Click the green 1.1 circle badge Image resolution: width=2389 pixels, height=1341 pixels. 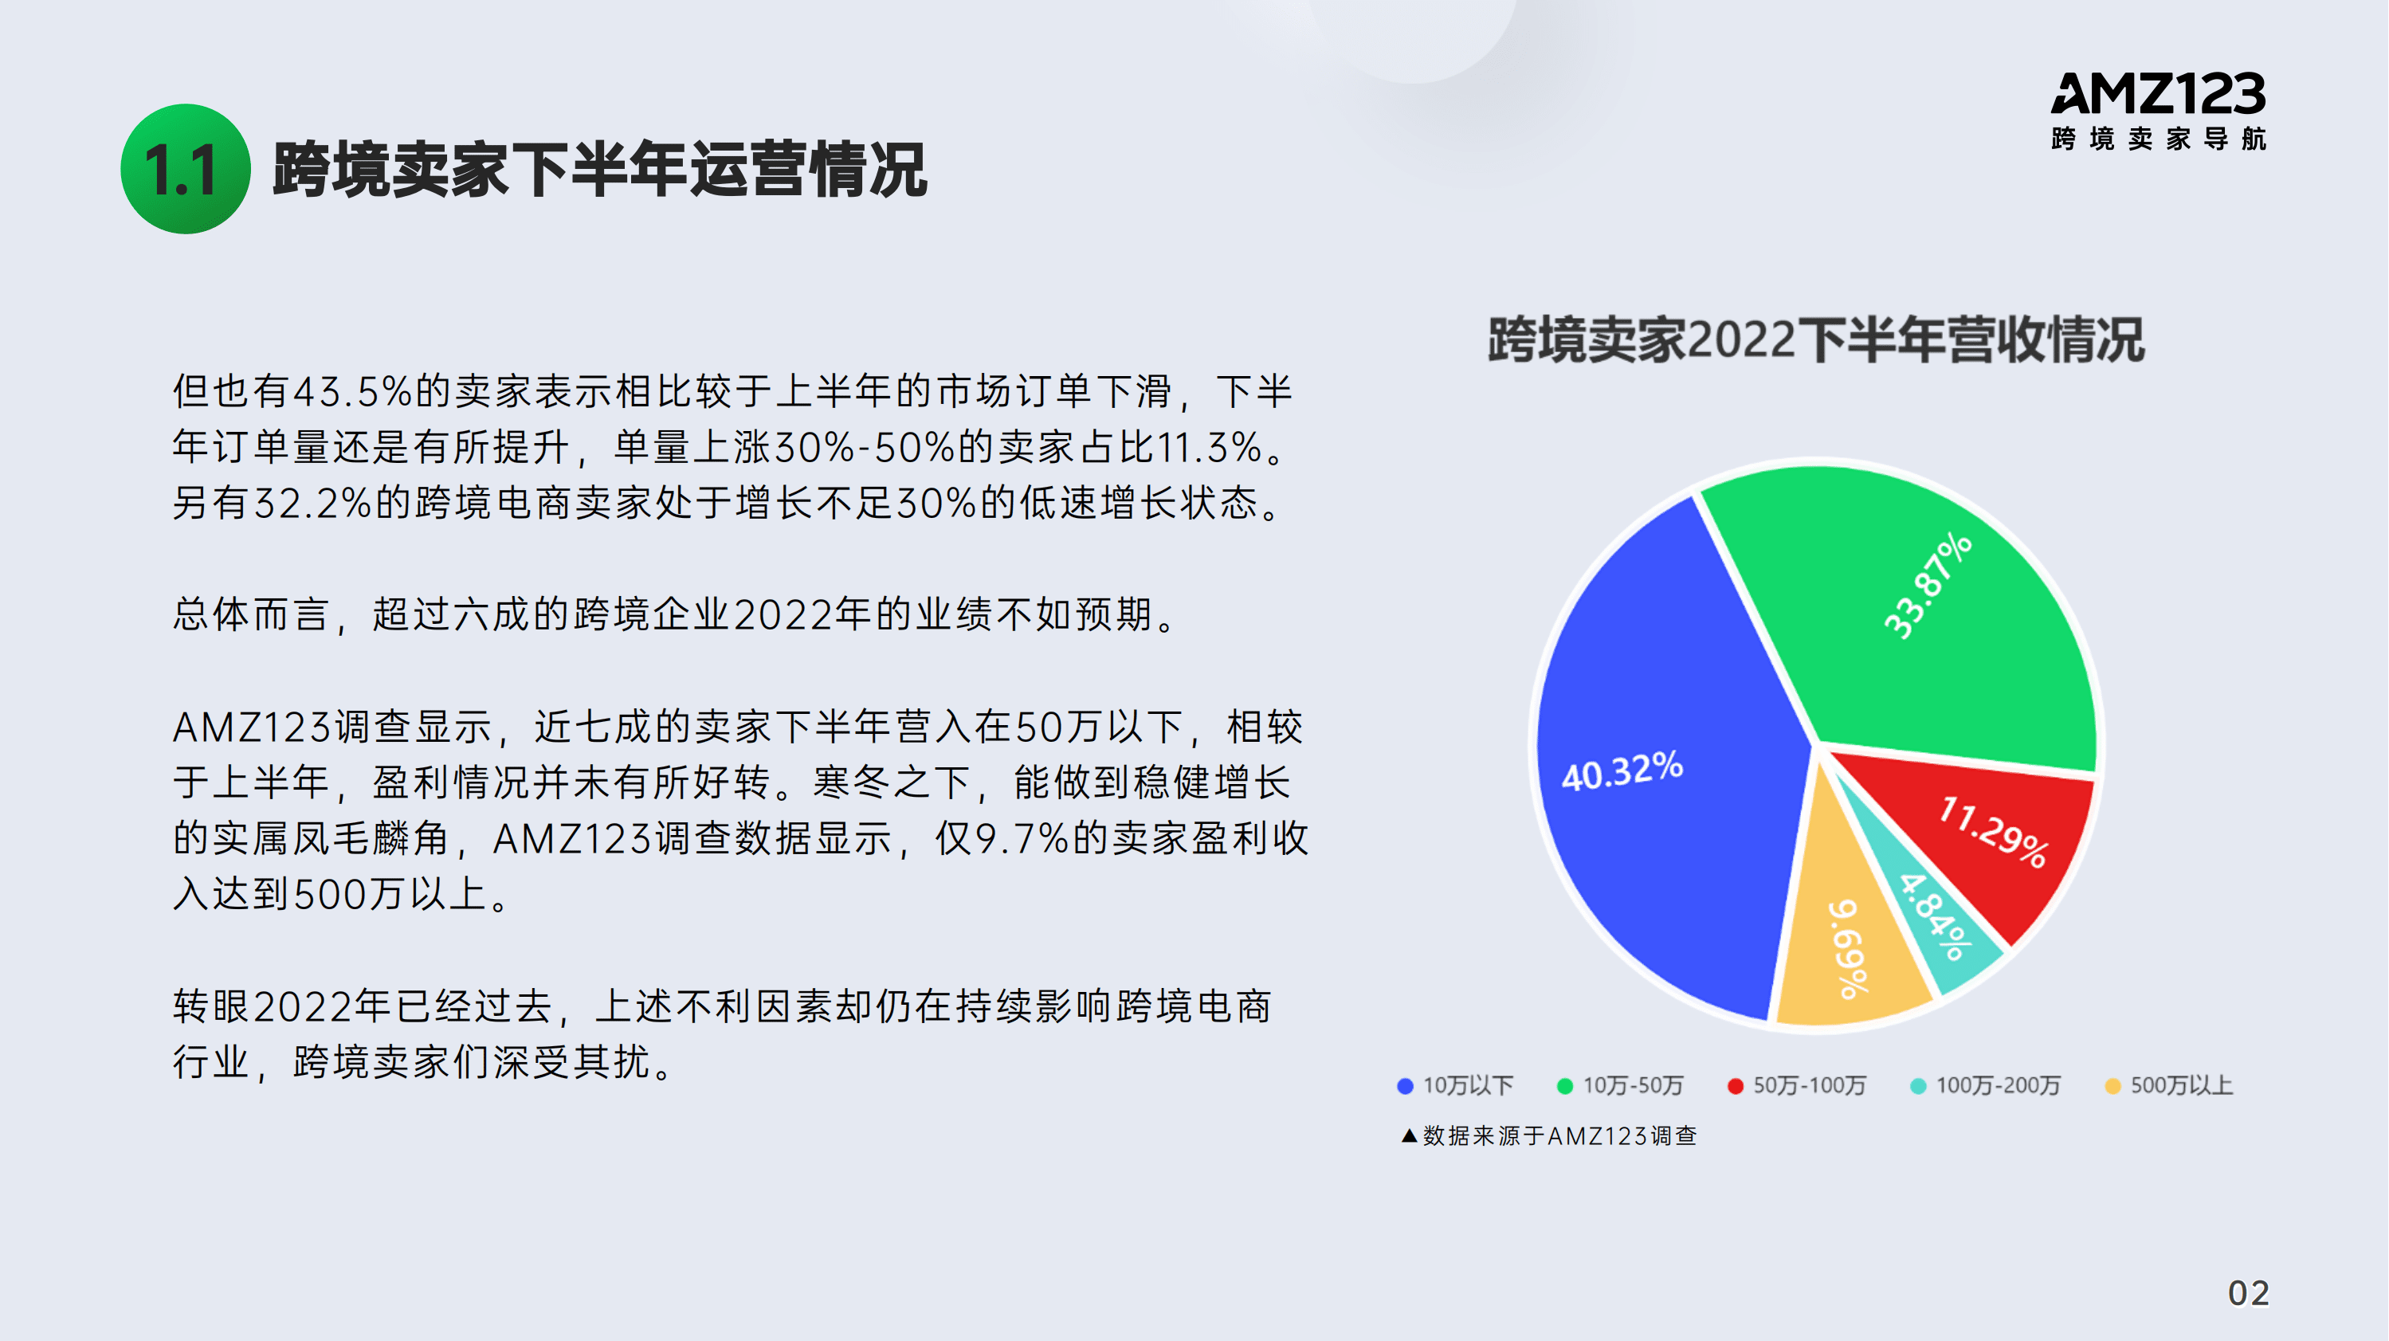coord(186,169)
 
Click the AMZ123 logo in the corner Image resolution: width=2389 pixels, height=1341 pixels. coord(2158,94)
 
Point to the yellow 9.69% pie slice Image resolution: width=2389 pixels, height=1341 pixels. coord(1846,955)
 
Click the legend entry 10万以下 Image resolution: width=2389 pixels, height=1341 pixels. coord(1456,1086)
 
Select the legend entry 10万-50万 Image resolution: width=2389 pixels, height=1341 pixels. coord(1620,1086)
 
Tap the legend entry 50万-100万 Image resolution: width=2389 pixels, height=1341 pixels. coord(1797,1086)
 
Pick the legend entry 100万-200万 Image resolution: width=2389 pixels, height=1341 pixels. coord(1986,1086)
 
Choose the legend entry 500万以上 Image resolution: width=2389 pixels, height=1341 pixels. coord(2169,1086)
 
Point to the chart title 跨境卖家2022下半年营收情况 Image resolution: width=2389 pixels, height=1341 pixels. coord(1816,339)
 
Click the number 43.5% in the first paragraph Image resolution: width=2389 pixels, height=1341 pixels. coord(352,391)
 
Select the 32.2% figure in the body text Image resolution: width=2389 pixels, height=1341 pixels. coord(312,504)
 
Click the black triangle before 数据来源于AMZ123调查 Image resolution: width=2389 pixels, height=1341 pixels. coord(1409,1136)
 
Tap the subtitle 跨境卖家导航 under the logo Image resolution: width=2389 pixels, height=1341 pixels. coord(2158,139)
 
